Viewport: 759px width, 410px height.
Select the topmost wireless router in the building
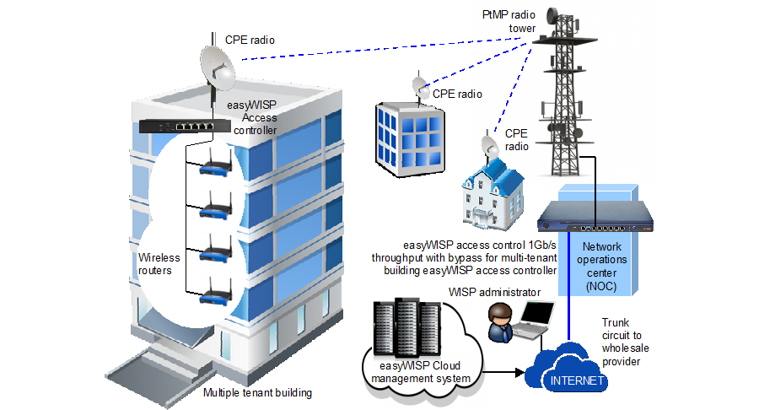click(215, 167)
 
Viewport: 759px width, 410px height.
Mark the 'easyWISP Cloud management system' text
click(419, 372)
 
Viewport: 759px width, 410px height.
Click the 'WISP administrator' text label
click(493, 292)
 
